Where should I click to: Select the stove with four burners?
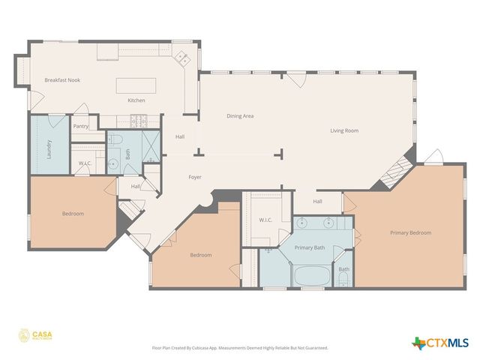coord(139,118)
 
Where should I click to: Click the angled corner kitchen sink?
coord(181,56)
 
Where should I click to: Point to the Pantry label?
coord(81,126)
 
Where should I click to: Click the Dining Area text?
coord(240,116)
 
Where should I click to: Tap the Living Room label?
coord(344,130)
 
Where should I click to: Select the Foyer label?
coord(194,177)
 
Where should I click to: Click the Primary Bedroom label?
coord(410,232)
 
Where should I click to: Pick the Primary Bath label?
coord(309,247)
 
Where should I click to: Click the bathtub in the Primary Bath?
coord(309,275)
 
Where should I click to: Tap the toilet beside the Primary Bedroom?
coord(343,280)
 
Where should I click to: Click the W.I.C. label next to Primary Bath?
coord(265,220)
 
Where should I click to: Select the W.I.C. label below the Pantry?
coord(85,163)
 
